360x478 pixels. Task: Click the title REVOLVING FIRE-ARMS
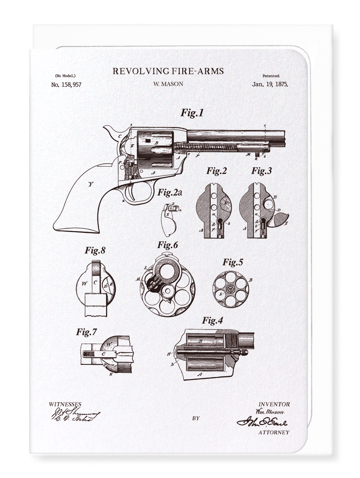pyautogui.click(x=168, y=71)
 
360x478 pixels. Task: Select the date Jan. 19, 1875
pyautogui.click(x=270, y=84)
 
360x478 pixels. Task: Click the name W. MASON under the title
pyautogui.click(x=168, y=84)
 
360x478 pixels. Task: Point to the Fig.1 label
pyautogui.click(x=192, y=112)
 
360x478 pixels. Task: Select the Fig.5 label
pyautogui.click(x=233, y=262)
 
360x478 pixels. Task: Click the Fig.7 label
pyautogui.click(x=86, y=332)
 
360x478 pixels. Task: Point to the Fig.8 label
pyautogui.click(x=95, y=250)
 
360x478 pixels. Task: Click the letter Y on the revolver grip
pyautogui.click(x=91, y=184)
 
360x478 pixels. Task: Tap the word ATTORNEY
pyautogui.click(x=274, y=432)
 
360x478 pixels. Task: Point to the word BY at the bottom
pyautogui.click(x=196, y=418)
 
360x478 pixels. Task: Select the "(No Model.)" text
pyautogui.click(x=65, y=76)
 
